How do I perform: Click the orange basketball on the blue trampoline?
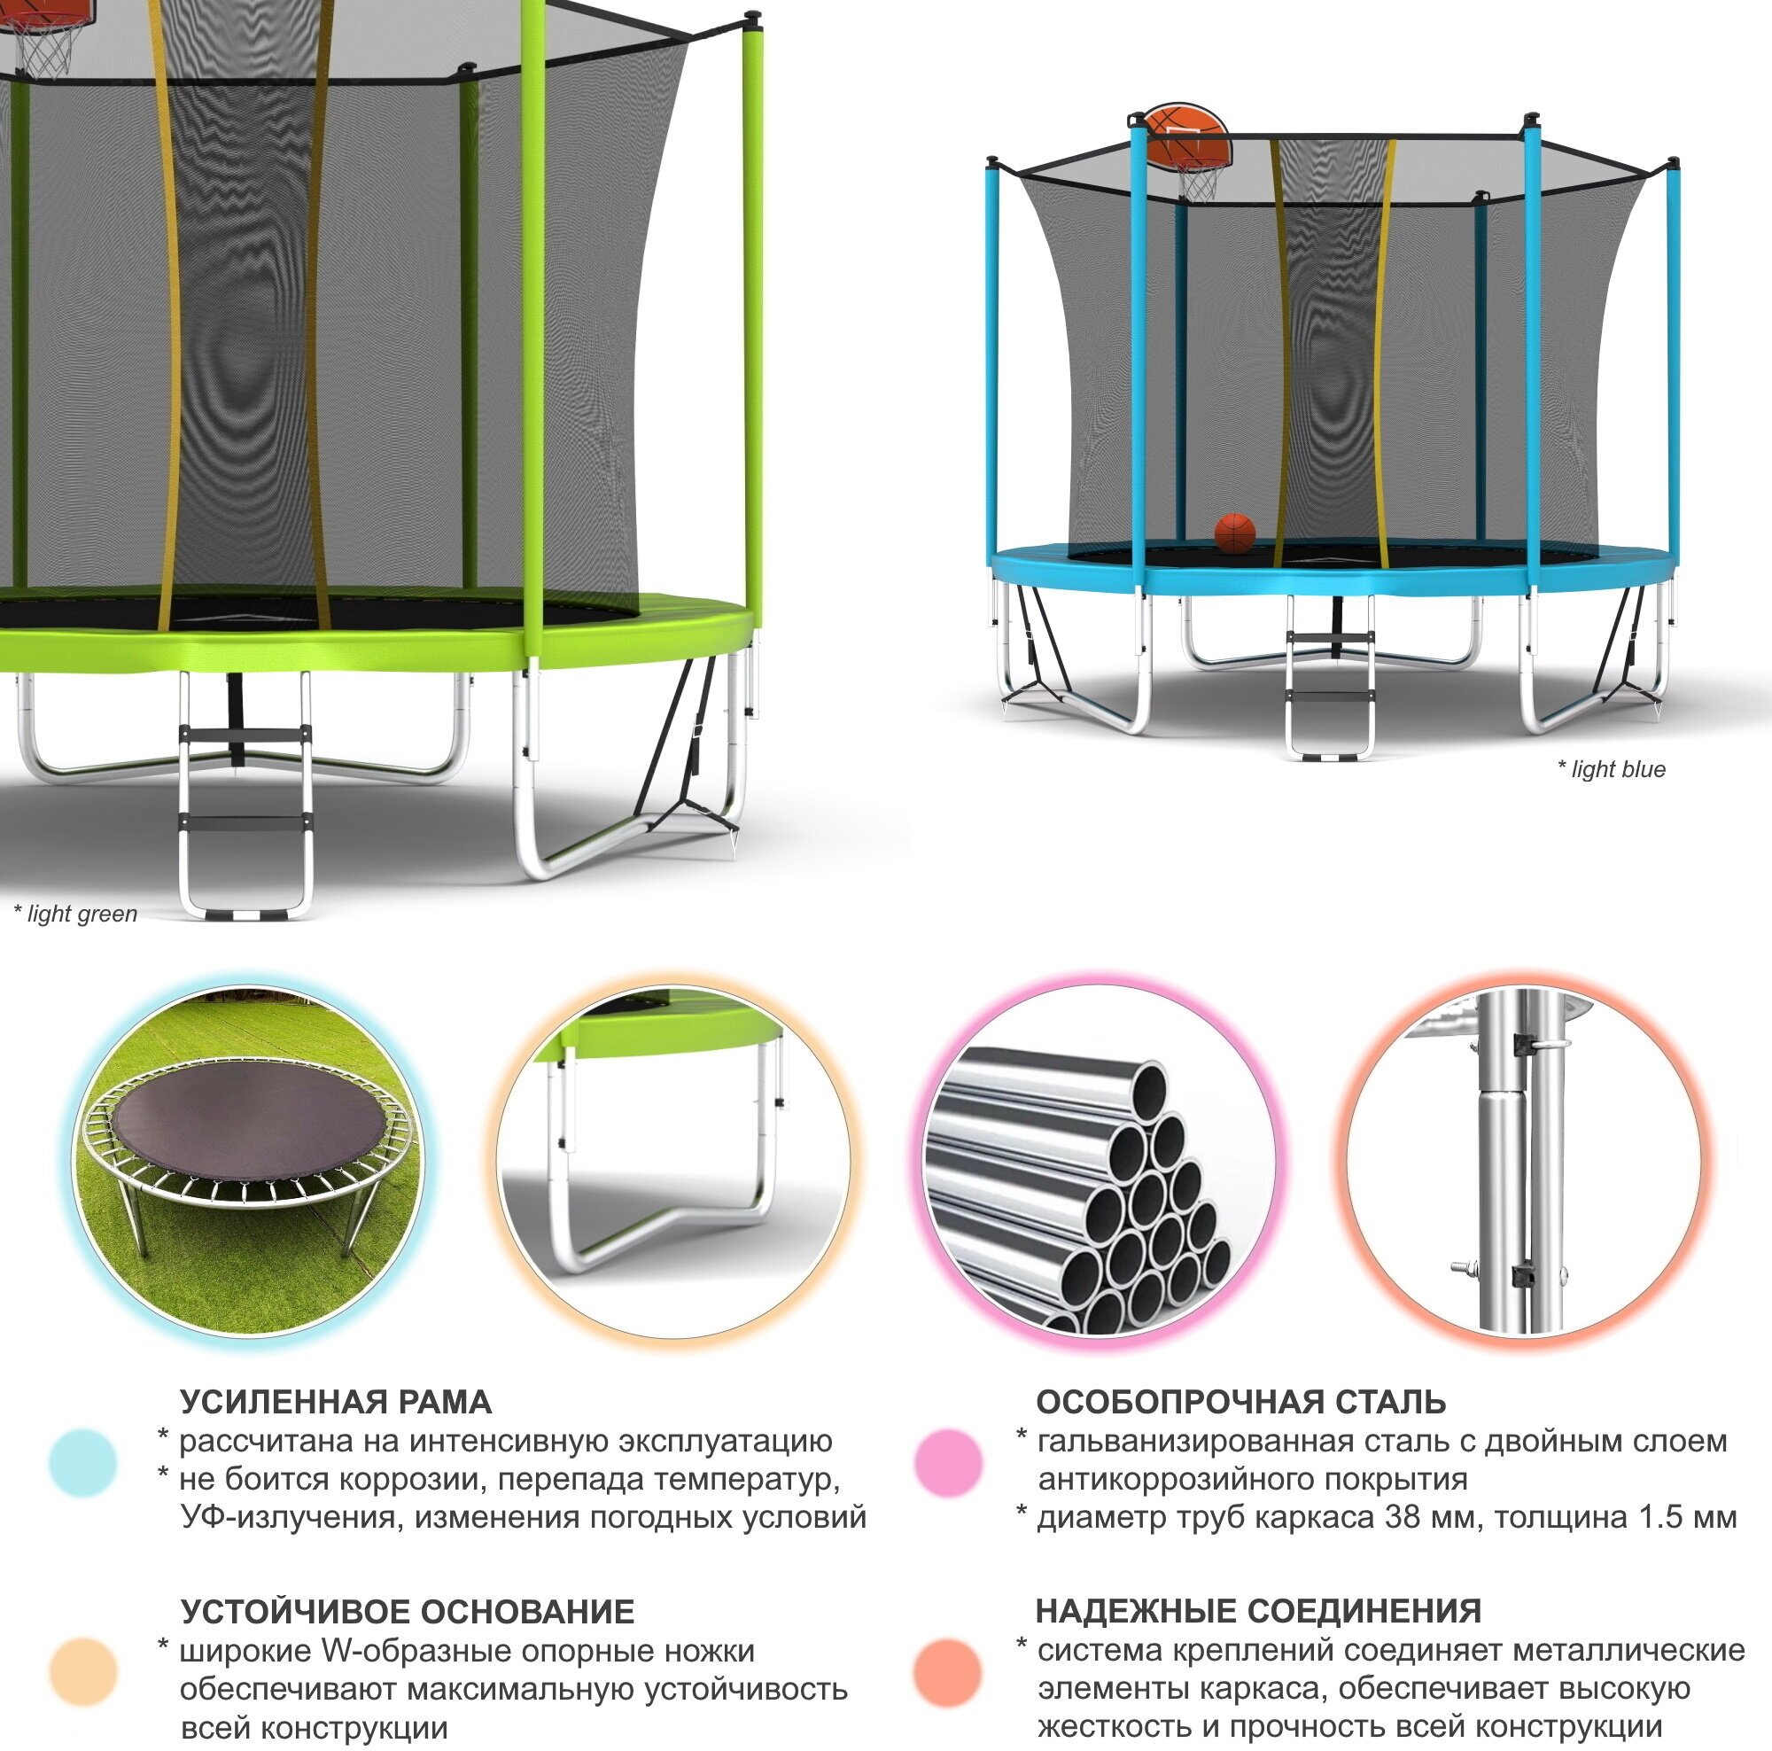pos(1234,533)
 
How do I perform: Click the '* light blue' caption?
pos(1611,769)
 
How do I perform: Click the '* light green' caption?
pos(75,914)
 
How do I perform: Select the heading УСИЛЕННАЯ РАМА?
pos(336,1402)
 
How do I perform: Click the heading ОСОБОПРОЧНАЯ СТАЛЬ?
pos(1241,1402)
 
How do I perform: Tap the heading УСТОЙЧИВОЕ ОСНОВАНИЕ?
pos(408,1612)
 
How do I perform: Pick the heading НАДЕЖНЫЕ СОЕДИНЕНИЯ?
pos(1258,1611)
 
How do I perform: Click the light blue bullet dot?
pos(82,1462)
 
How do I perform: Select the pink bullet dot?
pos(948,1462)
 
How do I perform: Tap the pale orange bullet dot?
pos(82,1672)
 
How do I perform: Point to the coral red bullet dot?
pos(948,1672)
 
